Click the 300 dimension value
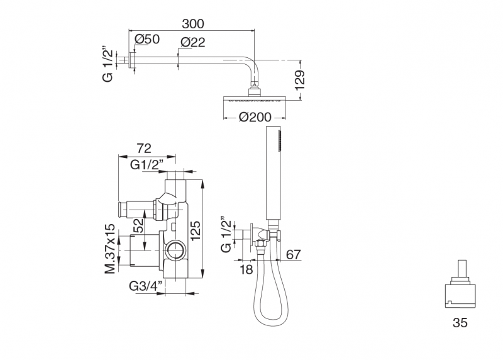(x=193, y=23)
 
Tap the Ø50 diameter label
(x=147, y=39)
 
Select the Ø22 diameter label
(x=192, y=42)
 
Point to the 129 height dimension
(x=300, y=80)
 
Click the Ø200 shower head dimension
(x=255, y=117)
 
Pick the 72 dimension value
(x=144, y=148)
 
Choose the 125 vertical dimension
(x=195, y=230)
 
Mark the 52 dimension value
(x=138, y=226)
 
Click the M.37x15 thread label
(x=109, y=249)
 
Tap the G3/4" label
(x=146, y=286)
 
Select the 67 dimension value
(x=294, y=255)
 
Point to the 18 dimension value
(x=246, y=269)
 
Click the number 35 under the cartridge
(x=460, y=322)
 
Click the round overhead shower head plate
(x=255, y=98)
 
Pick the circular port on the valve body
(x=175, y=249)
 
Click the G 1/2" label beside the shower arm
(x=108, y=65)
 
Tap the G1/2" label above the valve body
(x=146, y=165)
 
